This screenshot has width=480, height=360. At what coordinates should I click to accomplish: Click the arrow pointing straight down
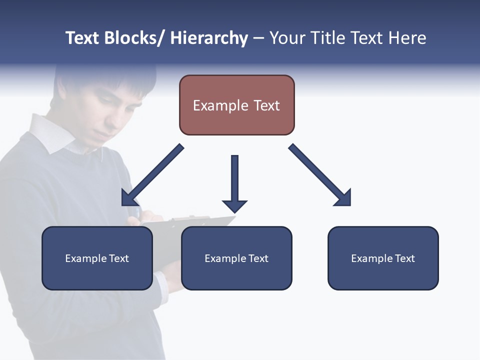point(234,183)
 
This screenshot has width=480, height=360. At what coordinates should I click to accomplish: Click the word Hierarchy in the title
point(209,38)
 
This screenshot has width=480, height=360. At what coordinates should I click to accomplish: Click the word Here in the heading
point(407,38)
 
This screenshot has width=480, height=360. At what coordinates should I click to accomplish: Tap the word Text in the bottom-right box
point(404,258)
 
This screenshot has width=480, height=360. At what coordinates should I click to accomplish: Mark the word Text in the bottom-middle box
point(258,258)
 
